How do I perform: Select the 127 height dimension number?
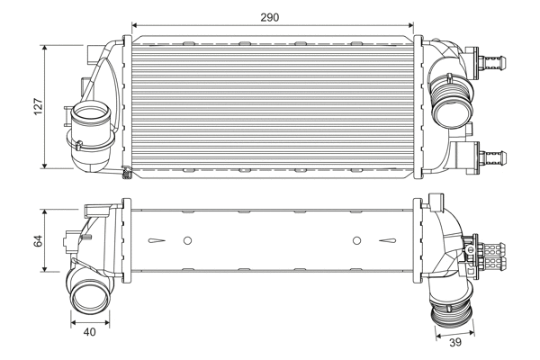click(37, 105)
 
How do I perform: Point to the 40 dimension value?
click(89, 333)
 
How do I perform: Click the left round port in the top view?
click(90, 120)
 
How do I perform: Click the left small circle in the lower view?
click(187, 240)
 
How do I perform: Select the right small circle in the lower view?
click(356, 240)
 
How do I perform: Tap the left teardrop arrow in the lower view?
click(158, 240)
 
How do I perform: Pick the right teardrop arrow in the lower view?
click(388, 240)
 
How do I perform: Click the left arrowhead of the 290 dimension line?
click(136, 28)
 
